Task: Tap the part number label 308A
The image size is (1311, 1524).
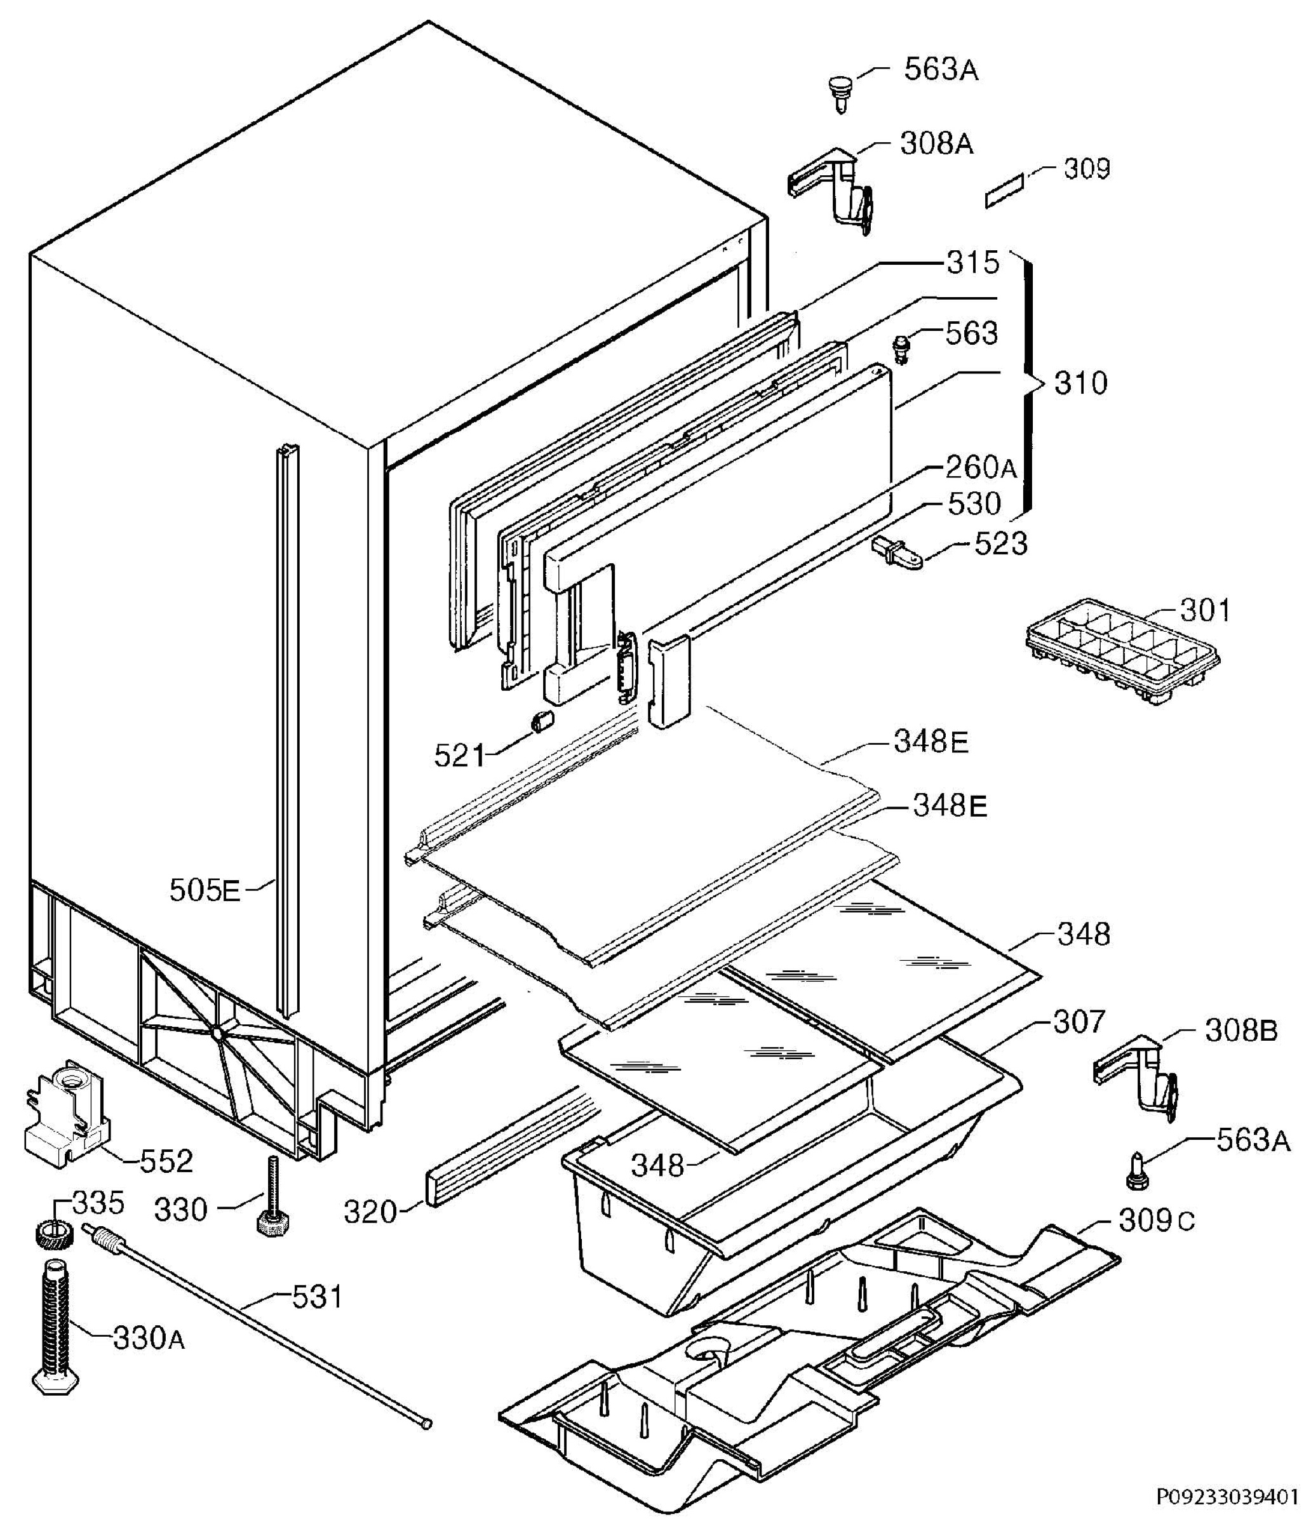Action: point(936,144)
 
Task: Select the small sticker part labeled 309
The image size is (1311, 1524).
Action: point(1005,191)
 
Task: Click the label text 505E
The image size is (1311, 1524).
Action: point(205,891)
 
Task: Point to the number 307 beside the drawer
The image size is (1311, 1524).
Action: point(1079,1022)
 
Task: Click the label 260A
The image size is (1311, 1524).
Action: point(980,467)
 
